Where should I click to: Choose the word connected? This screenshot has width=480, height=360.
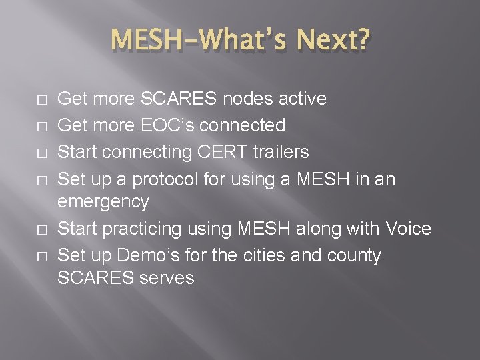pyautogui.click(x=248, y=125)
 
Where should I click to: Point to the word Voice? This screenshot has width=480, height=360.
pyautogui.click(x=408, y=229)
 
